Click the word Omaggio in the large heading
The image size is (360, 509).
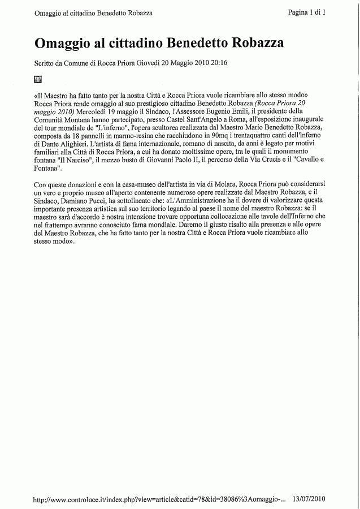coord(64,43)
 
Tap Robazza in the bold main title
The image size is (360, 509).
coord(256,43)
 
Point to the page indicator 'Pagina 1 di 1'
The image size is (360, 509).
coord(307,12)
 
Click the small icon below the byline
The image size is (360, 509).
coord(38,79)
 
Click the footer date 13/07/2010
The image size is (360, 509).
coord(310,499)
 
